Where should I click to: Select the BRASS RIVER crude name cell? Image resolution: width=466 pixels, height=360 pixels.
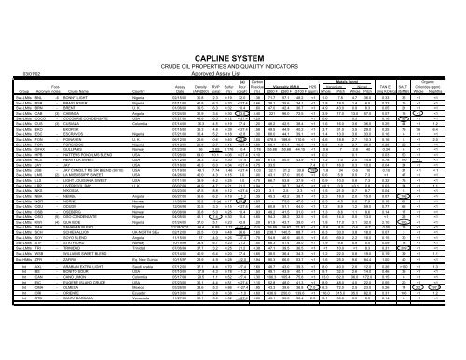coord(83,79)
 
